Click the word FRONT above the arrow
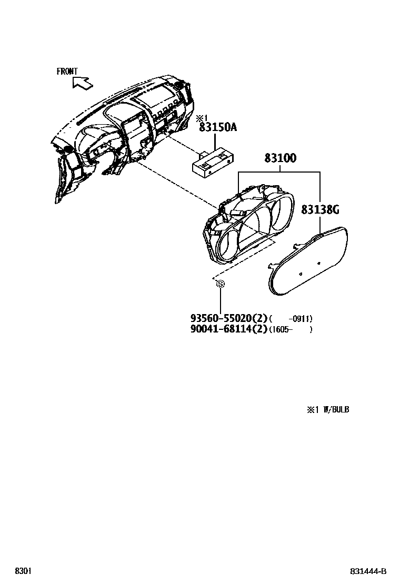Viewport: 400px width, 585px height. click(x=67, y=72)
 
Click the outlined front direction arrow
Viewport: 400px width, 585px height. click(x=82, y=82)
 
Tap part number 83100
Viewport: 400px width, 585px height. click(x=280, y=158)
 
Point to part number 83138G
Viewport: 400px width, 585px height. click(x=320, y=210)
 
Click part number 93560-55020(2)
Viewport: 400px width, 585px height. click(x=229, y=318)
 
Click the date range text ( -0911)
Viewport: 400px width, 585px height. click(x=291, y=319)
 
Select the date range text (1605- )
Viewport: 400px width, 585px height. click(x=291, y=330)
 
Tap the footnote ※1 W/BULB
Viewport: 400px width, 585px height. click(x=328, y=409)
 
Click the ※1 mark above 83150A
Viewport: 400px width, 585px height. click(x=202, y=118)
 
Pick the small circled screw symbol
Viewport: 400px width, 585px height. click(x=221, y=284)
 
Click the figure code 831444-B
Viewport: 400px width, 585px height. click(x=368, y=572)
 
